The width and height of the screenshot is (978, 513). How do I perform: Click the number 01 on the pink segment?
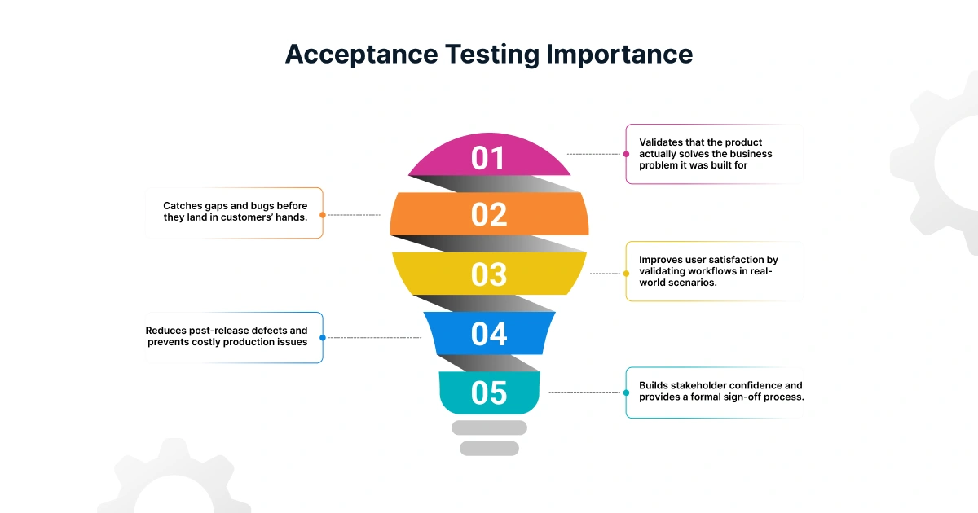(489, 158)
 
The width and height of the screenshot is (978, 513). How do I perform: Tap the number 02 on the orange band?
(489, 214)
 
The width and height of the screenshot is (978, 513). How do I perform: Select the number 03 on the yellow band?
(489, 274)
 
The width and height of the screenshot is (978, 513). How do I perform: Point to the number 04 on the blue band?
(489, 334)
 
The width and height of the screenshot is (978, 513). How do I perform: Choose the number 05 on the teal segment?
(489, 393)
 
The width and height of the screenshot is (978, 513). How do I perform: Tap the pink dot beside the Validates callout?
(626, 153)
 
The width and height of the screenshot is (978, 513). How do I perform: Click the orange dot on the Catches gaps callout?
(323, 215)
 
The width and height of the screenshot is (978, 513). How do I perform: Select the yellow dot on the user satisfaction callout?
(626, 274)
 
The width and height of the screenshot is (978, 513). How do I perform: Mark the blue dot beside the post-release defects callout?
(323, 337)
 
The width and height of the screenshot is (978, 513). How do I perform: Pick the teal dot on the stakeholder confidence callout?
(626, 392)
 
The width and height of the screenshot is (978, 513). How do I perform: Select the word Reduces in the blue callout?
(166, 331)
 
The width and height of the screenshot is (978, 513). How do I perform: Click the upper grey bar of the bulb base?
(489, 427)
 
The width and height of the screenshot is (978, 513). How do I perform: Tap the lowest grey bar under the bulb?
(489, 448)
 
